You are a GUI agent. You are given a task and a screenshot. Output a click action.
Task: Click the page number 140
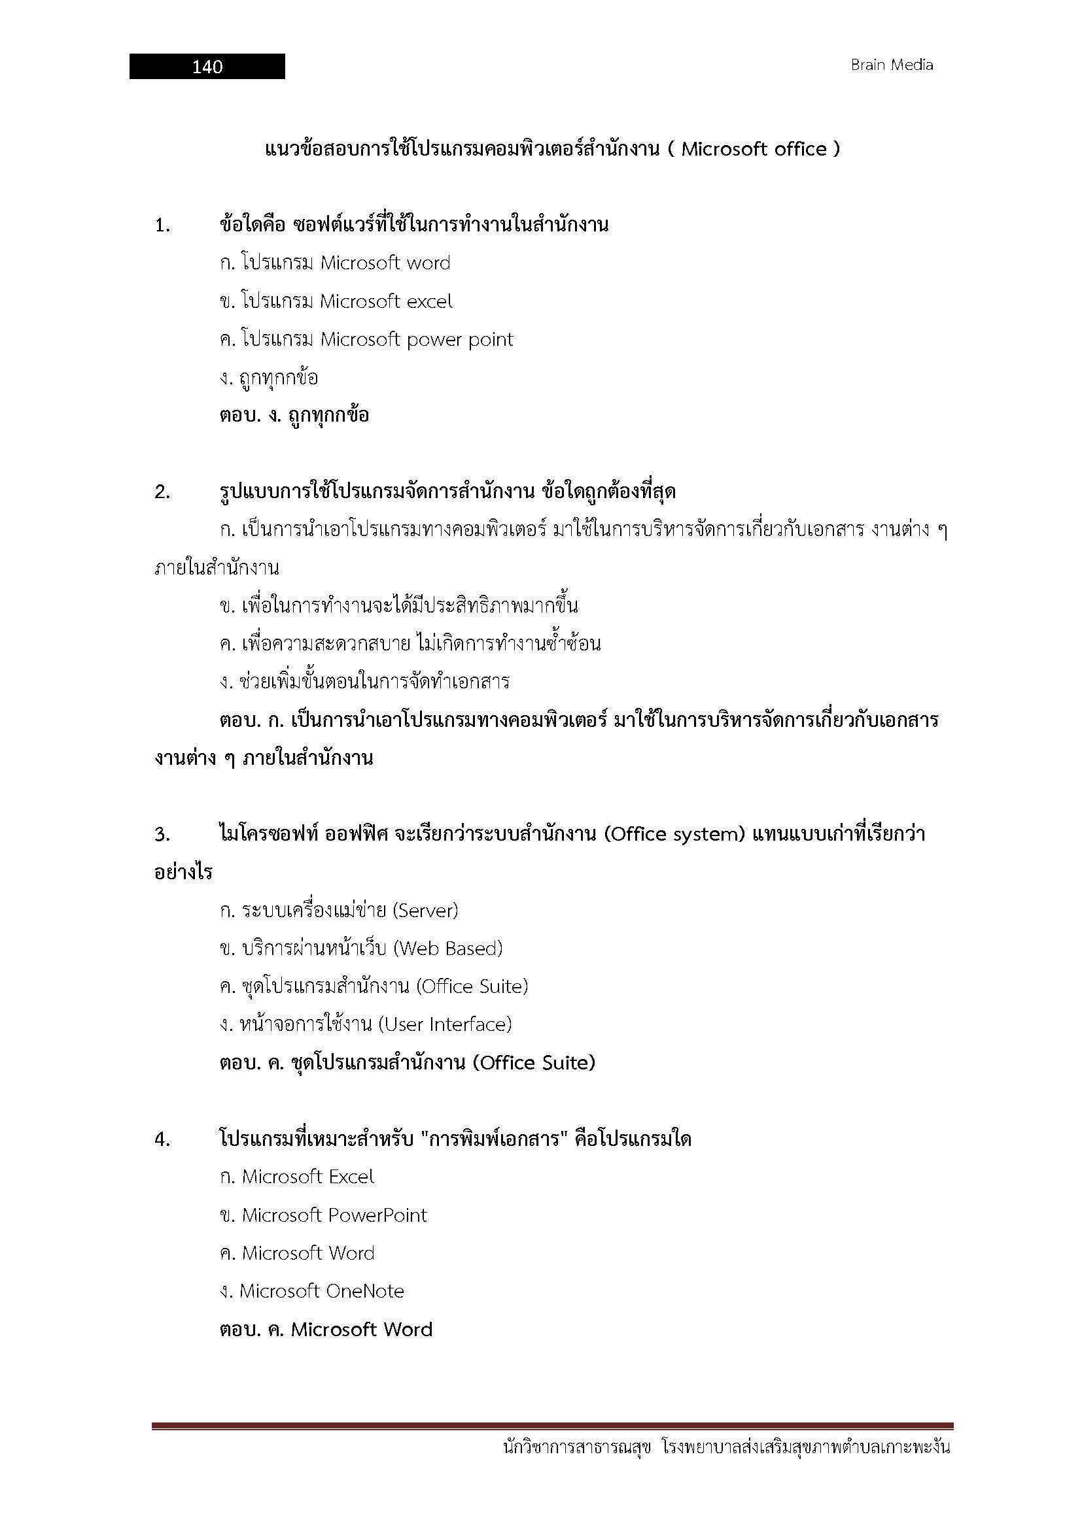(x=207, y=67)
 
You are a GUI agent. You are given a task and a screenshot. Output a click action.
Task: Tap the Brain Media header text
(x=892, y=65)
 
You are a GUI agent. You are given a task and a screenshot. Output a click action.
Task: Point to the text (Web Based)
(x=447, y=949)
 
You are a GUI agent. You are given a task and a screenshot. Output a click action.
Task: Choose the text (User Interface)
(x=444, y=1024)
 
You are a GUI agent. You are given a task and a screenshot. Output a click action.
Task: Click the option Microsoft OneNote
(x=321, y=1291)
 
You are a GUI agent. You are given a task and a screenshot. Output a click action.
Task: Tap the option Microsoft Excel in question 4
(x=307, y=1177)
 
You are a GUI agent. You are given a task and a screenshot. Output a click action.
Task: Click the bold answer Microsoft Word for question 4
(x=362, y=1330)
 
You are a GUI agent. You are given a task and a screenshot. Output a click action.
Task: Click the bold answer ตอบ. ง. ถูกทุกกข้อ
(x=294, y=416)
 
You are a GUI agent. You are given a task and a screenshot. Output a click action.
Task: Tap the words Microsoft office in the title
(x=754, y=149)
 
